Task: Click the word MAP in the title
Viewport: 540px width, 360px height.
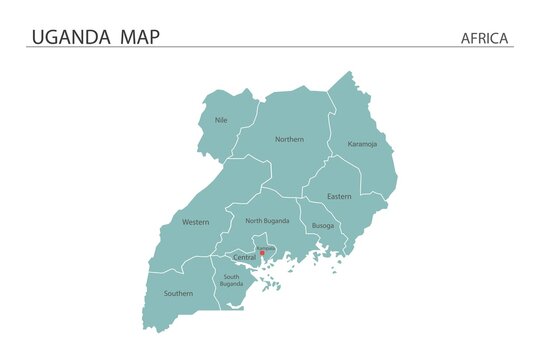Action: point(139,38)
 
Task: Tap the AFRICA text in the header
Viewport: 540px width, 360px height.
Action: point(485,39)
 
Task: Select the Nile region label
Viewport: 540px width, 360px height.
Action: point(221,120)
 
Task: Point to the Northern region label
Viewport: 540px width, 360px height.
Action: point(289,139)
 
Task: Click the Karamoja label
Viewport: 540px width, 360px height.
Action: point(363,144)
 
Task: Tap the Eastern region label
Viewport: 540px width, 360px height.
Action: point(339,196)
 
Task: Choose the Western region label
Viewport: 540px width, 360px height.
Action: point(196,222)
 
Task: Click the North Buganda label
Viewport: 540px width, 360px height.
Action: point(268,220)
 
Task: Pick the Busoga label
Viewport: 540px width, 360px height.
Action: point(323,226)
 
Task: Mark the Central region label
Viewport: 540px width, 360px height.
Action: point(244,257)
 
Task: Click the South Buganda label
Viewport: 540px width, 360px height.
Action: point(231,280)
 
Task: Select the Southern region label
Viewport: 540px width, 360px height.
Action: point(178,293)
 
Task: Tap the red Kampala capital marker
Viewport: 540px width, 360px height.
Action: point(262,253)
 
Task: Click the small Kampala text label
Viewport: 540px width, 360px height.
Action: point(265,247)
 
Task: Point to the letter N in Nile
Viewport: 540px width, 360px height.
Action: point(216,120)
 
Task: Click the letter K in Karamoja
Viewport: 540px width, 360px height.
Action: point(350,144)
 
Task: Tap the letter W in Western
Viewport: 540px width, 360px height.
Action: point(185,222)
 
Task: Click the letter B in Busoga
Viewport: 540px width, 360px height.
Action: point(314,226)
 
